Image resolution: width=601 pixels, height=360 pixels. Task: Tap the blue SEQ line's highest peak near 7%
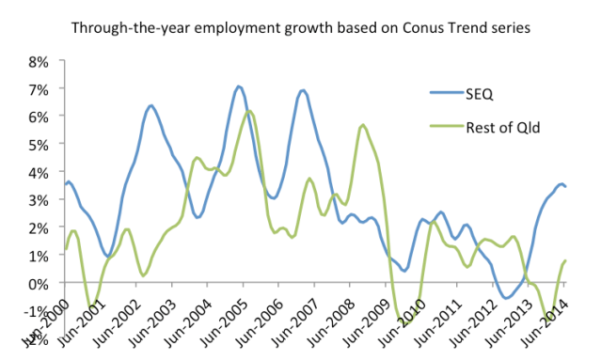click(x=239, y=86)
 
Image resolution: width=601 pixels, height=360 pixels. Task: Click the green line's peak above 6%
click(x=249, y=111)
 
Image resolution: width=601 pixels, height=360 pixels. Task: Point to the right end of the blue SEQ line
click(x=565, y=186)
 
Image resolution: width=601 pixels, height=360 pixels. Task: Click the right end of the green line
click(x=565, y=260)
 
